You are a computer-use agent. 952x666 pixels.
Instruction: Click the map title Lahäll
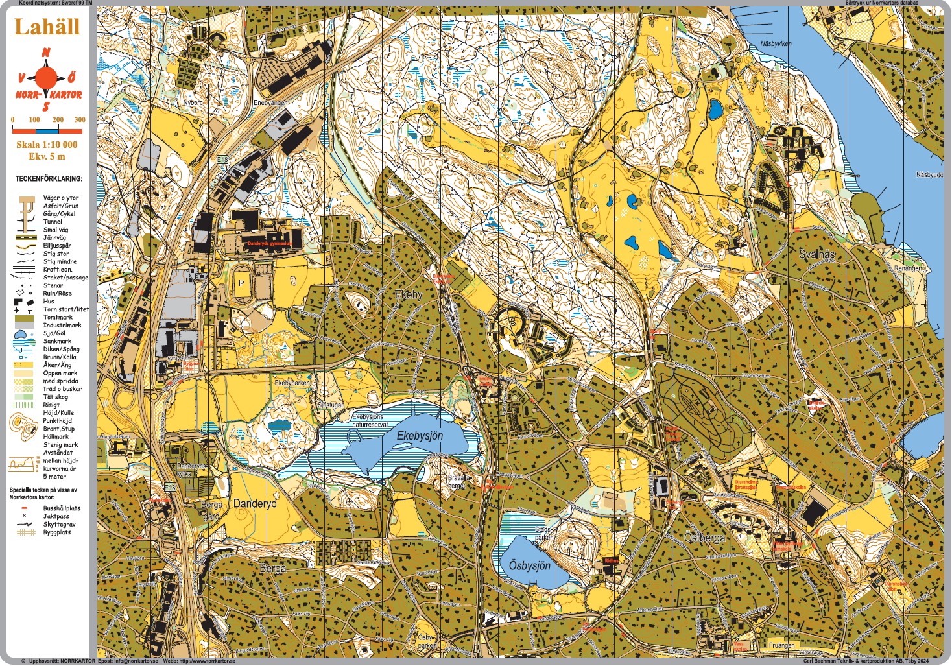click(x=47, y=27)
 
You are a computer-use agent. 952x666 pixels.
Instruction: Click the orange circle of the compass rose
click(x=46, y=78)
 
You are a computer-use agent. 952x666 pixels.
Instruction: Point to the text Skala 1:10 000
click(x=47, y=145)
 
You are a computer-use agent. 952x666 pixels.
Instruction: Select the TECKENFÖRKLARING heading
click(x=49, y=178)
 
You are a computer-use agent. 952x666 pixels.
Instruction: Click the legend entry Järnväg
click(x=54, y=238)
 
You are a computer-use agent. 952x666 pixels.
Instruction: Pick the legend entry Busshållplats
click(x=62, y=508)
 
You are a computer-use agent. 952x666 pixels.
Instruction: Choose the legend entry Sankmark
click(x=57, y=341)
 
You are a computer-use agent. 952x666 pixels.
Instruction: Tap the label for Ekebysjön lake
click(x=420, y=436)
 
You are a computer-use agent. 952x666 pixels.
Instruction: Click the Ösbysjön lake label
click(x=529, y=565)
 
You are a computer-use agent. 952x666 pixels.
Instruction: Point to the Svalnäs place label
click(x=817, y=254)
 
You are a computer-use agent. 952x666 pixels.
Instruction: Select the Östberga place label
click(x=705, y=538)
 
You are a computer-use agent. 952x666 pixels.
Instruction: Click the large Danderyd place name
click(x=255, y=503)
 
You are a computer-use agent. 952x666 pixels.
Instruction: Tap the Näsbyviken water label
click(x=776, y=44)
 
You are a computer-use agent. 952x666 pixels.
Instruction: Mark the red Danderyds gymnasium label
click(x=268, y=244)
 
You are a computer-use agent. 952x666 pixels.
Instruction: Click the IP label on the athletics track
click(x=241, y=283)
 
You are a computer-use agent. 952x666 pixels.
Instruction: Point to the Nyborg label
click(x=193, y=102)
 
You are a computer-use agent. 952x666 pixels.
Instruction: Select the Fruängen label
click(x=781, y=645)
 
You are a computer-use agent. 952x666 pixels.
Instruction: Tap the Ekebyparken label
click(x=292, y=383)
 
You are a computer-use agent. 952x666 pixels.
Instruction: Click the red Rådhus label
click(x=612, y=560)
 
